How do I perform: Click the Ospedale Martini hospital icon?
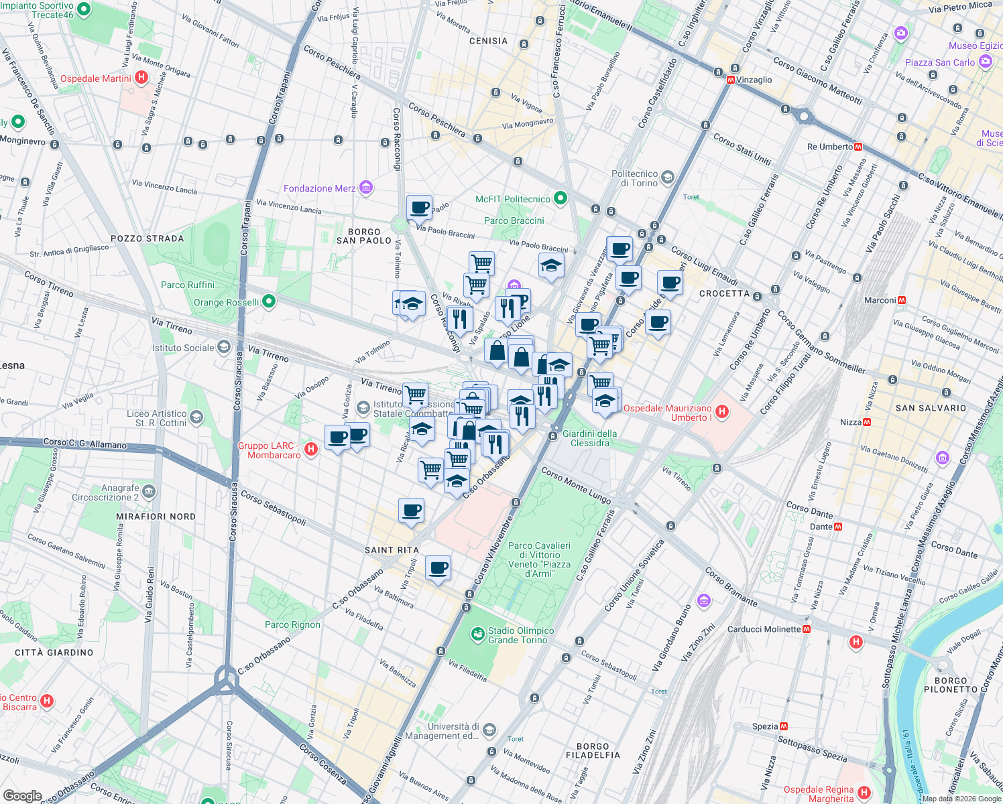pos(141,78)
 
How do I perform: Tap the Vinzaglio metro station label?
pos(754,80)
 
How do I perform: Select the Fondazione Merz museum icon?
pos(366,188)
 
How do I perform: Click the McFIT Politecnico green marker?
pos(561,198)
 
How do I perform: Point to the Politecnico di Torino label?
pos(634,178)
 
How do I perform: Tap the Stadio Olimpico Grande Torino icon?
pos(477,634)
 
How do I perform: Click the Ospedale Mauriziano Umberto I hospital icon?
pos(722,411)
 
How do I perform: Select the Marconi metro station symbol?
pos(902,300)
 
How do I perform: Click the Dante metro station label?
pos(821,527)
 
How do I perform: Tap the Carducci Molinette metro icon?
pos(807,629)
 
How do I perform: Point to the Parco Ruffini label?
pos(188,285)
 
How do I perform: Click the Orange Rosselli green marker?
pos(269,301)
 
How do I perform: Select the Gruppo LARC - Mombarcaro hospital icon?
pos(311,449)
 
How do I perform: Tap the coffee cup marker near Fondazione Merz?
pos(419,208)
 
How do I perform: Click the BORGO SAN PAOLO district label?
pos(364,236)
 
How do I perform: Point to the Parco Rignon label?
pos(292,624)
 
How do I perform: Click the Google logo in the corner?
pos(22,795)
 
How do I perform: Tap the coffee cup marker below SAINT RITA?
pos(438,568)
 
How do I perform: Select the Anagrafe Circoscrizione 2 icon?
pos(149,492)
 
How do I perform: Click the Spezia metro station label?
pos(765,726)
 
